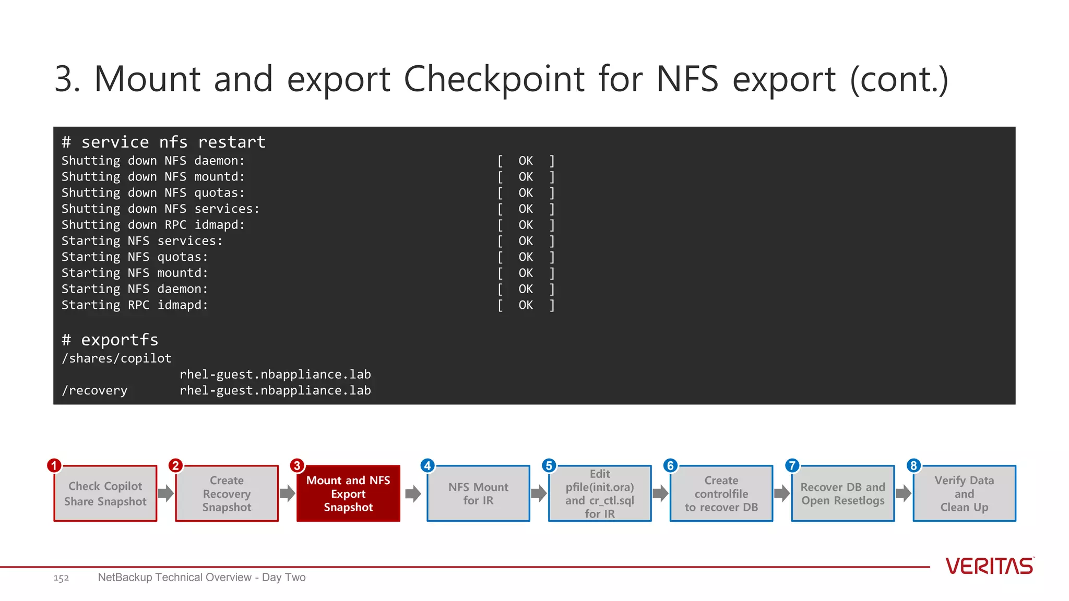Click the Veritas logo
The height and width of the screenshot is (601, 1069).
990,566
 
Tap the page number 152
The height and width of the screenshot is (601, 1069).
61,578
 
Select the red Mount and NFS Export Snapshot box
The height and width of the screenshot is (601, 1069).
348,494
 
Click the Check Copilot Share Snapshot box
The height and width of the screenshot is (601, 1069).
105,494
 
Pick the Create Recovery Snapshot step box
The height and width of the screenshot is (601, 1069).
227,494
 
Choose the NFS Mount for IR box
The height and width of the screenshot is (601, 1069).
478,494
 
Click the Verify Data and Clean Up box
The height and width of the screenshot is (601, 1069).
964,494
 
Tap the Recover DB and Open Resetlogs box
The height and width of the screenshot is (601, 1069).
842,494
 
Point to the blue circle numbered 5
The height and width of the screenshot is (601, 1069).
549,465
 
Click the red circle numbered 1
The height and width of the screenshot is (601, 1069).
54,465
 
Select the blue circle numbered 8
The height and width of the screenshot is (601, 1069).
913,465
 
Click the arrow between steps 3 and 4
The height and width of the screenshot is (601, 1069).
413,494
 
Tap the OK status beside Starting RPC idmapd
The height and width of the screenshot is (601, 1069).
526,305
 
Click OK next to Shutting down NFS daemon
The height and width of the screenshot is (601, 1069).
526,161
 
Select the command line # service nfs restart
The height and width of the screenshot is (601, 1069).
163,142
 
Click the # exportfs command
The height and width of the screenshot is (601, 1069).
110,340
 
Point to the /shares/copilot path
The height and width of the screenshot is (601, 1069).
116,358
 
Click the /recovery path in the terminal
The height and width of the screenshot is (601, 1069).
94,391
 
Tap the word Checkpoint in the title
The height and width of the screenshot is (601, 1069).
494,79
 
